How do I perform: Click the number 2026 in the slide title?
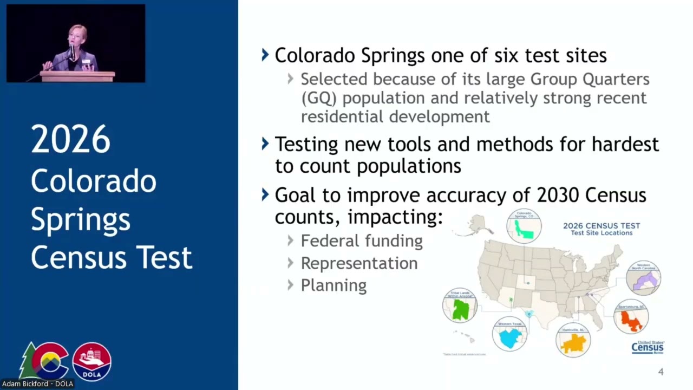(x=70, y=140)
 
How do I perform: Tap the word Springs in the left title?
(x=81, y=219)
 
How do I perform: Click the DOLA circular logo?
(x=92, y=361)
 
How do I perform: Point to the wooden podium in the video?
(x=77, y=76)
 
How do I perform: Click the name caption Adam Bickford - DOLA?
(x=37, y=384)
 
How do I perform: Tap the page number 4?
(x=661, y=372)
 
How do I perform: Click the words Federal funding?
(x=362, y=241)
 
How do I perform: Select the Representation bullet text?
(x=359, y=263)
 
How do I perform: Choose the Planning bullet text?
(x=334, y=285)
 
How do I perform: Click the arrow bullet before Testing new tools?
(x=265, y=144)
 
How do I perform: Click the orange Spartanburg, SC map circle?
(x=631, y=317)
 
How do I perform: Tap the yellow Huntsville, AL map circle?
(x=573, y=340)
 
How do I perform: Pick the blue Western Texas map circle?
(x=509, y=334)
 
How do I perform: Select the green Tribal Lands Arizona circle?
(x=460, y=305)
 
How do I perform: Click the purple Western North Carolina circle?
(x=643, y=277)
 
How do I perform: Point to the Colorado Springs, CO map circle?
(x=524, y=226)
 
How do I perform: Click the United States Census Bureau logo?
(x=648, y=347)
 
